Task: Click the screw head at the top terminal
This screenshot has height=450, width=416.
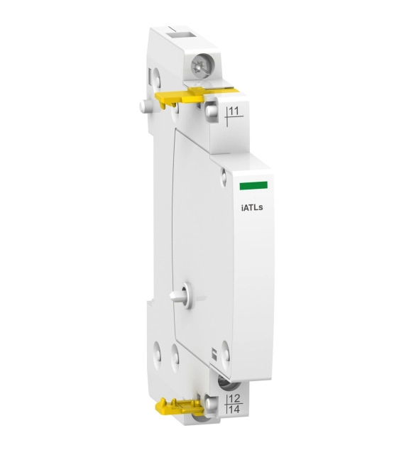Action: (199, 67)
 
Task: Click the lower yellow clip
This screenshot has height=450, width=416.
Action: (179, 407)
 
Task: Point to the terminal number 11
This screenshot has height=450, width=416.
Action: (234, 111)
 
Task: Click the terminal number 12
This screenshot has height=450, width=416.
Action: (234, 399)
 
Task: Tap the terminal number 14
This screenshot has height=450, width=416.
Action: (234, 409)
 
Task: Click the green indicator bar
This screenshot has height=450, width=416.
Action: (254, 185)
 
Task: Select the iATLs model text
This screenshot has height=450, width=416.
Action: (252, 207)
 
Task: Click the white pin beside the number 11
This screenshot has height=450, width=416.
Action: (211, 109)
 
